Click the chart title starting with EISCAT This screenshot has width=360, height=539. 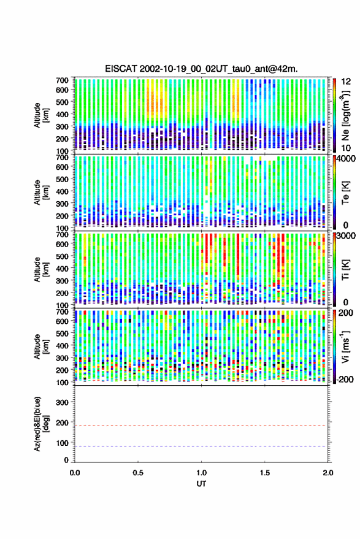[x=202, y=69]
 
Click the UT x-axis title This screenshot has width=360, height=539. [x=202, y=484]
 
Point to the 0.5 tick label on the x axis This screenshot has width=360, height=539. [x=138, y=473]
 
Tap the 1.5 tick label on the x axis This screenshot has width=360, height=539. [x=265, y=473]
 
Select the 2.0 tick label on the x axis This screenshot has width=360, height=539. [x=328, y=473]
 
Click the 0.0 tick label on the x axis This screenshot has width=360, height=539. [x=75, y=473]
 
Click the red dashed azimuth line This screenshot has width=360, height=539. [x=202, y=426]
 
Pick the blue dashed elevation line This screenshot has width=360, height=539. [x=202, y=446]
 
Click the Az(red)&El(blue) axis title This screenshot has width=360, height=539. [x=41, y=424]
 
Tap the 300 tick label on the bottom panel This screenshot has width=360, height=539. [x=62, y=402]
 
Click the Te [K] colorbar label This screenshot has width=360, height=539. [x=345, y=193]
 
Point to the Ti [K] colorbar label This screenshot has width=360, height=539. [x=345, y=270]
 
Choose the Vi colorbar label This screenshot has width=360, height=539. [x=345, y=346]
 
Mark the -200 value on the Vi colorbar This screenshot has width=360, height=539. [x=345, y=380]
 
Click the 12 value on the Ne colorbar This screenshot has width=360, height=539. [x=347, y=82]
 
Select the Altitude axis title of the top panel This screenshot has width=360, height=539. [x=41, y=115]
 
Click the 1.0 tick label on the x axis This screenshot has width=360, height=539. [x=202, y=473]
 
